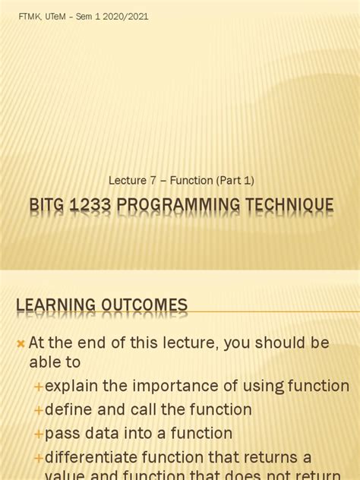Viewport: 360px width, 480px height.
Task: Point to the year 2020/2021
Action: [126, 17]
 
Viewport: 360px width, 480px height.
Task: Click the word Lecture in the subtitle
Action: [126, 180]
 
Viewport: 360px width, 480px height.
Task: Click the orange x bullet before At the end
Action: [21, 344]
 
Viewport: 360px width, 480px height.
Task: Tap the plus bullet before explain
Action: [38, 387]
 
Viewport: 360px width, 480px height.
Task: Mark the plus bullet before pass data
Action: [38, 434]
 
